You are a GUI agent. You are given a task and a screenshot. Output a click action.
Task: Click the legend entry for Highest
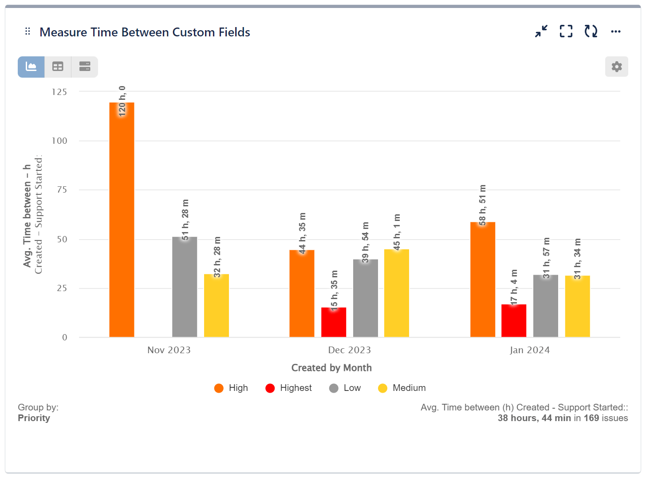click(288, 388)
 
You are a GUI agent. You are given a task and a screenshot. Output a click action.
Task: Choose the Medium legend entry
click(402, 388)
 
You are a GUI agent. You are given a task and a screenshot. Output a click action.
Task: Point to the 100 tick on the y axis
click(59, 141)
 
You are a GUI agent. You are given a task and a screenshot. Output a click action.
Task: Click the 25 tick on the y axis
click(62, 288)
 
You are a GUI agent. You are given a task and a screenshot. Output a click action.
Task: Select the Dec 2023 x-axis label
click(349, 350)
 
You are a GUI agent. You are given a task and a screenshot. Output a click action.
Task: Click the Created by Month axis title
click(331, 368)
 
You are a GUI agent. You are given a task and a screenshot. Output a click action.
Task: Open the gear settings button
click(616, 67)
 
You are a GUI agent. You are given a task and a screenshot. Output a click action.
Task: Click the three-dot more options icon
click(615, 32)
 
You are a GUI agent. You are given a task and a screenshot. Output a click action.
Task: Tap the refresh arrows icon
click(591, 32)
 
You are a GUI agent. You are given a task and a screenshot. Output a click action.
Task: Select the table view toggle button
click(58, 67)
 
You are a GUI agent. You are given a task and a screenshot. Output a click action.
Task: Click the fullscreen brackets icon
click(566, 32)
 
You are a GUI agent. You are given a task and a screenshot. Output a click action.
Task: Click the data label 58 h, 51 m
click(482, 205)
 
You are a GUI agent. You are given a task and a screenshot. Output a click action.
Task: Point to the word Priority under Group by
click(34, 418)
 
